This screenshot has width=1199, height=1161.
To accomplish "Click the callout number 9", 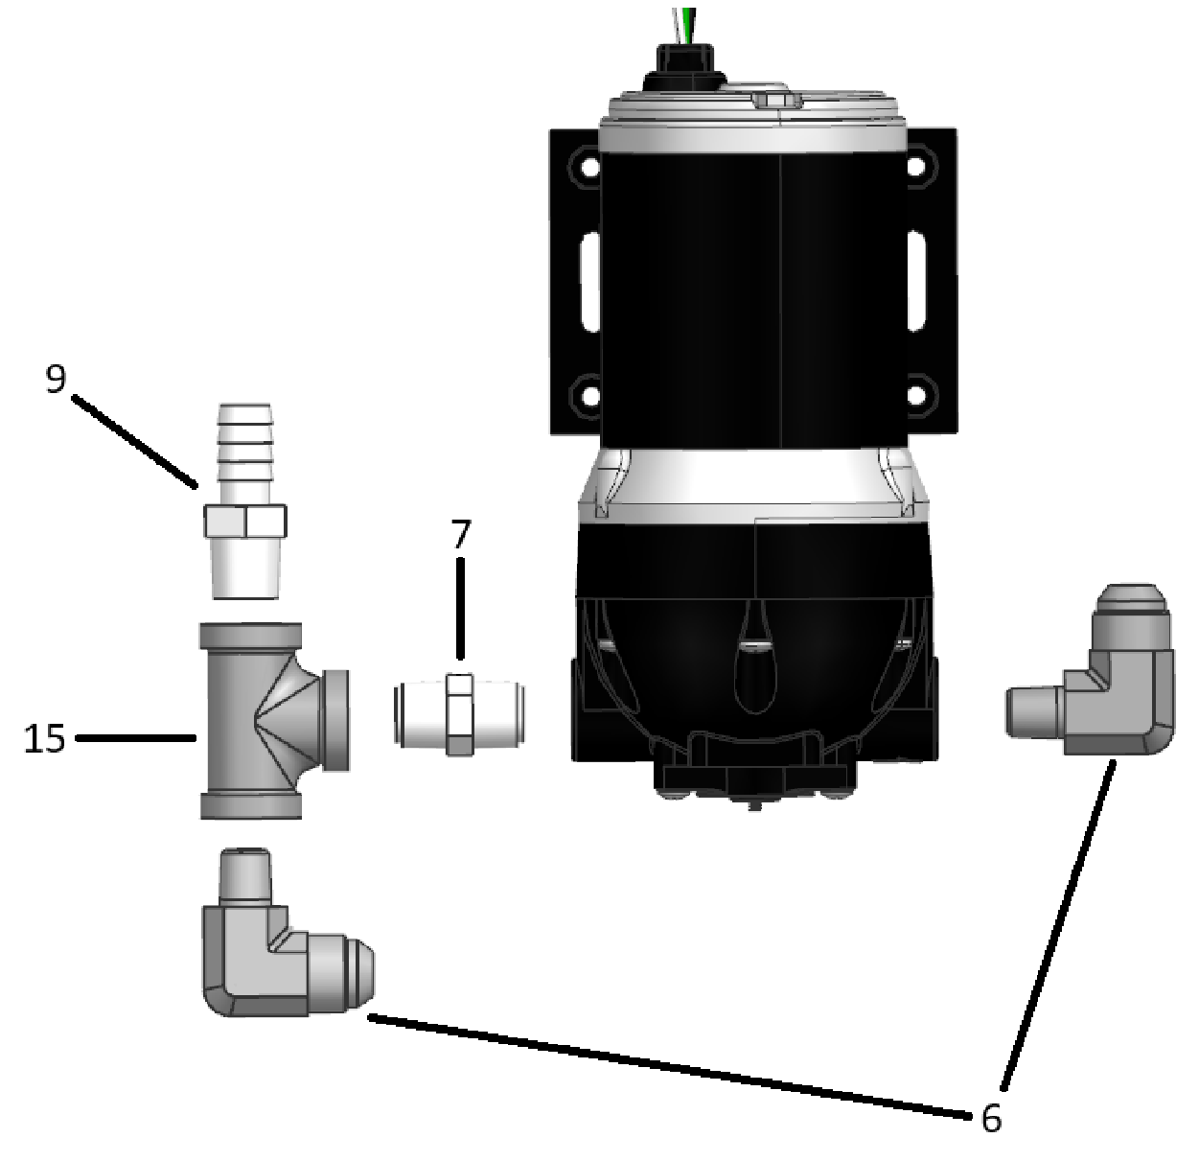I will tap(57, 379).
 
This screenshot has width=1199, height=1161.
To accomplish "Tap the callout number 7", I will tap(461, 535).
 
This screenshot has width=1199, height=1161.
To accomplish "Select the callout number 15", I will tap(44, 738).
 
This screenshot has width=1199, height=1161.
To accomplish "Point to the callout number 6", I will tap(991, 1118).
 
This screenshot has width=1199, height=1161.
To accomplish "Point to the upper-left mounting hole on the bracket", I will tap(584, 168).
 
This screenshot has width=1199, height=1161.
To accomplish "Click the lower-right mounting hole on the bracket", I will tap(918, 394).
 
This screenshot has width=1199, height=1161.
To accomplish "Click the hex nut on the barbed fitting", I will tap(245, 522).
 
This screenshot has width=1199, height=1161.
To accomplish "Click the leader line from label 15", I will tap(134, 738).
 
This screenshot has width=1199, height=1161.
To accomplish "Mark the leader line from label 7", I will tap(461, 609).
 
